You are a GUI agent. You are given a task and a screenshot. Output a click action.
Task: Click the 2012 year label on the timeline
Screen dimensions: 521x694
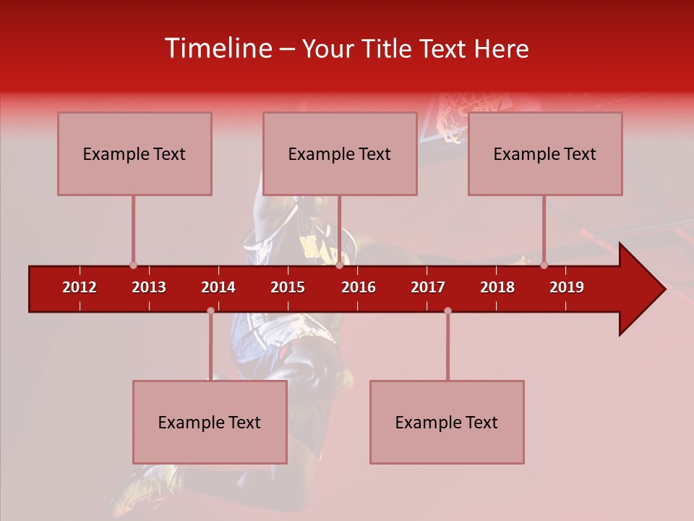[80, 287]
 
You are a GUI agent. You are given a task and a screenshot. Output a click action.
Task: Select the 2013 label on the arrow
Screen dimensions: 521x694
[149, 287]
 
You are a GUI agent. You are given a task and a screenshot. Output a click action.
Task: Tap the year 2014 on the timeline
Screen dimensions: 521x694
[218, 287]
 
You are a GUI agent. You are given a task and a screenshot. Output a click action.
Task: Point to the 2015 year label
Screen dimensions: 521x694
[288, 287]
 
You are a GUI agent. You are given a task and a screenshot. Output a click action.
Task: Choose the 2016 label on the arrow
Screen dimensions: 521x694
[359, 287]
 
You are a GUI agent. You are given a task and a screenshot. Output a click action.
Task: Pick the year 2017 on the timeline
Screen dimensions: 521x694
[428, 287]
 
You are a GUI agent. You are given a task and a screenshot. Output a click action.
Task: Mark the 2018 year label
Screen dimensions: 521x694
[497, 287]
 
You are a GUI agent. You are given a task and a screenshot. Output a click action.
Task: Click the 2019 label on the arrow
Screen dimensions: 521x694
[567, 287]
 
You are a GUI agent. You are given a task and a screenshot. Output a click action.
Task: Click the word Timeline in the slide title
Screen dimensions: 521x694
[216, 48]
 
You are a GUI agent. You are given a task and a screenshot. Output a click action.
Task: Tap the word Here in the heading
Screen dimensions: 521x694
[501, 48]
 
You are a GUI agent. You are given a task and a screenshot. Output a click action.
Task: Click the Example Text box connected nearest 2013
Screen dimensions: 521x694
[134, 153]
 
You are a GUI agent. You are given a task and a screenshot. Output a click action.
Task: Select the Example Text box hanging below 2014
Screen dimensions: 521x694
[210, 422]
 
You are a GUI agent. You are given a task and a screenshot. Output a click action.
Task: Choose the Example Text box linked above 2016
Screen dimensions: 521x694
[340, 153]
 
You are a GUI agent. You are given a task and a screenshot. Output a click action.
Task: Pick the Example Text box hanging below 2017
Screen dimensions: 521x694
[447, 422]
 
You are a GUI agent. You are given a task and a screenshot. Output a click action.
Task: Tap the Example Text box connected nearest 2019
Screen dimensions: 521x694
[545, 153]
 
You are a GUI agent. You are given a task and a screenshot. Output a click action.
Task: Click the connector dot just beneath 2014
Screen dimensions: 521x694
[210, 311]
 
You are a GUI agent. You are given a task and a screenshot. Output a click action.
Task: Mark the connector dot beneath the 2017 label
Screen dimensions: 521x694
[447, 311]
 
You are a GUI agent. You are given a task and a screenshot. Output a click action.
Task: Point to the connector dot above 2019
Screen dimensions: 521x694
[544, 266]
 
